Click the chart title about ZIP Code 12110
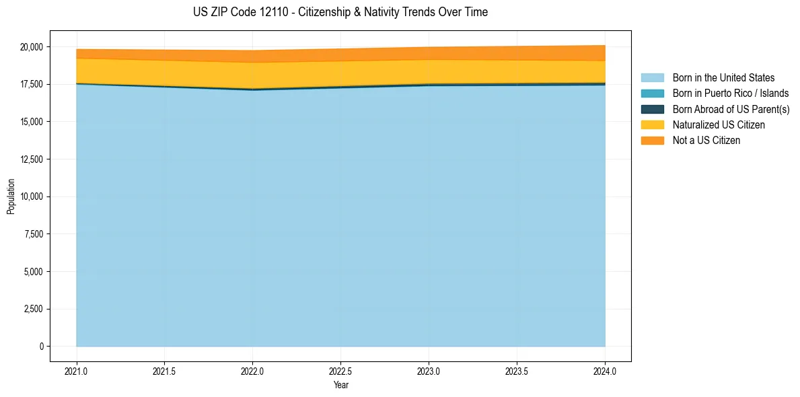(340, 12)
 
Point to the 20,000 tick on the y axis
(31, 47)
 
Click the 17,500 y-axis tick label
(31, 84)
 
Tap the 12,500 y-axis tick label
(31, 159)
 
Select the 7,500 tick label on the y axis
(33, 234)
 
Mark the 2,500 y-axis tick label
(33, 309)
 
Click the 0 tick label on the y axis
(41, 347)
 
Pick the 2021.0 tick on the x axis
(77, 371)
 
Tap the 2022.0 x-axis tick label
(252, 371)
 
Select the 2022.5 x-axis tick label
(340, 371)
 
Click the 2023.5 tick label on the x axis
(517, 371)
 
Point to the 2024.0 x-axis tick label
(605, 371)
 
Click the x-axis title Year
(340, 385)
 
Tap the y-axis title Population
(11, 196)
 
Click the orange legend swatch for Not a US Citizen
(652, 141)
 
